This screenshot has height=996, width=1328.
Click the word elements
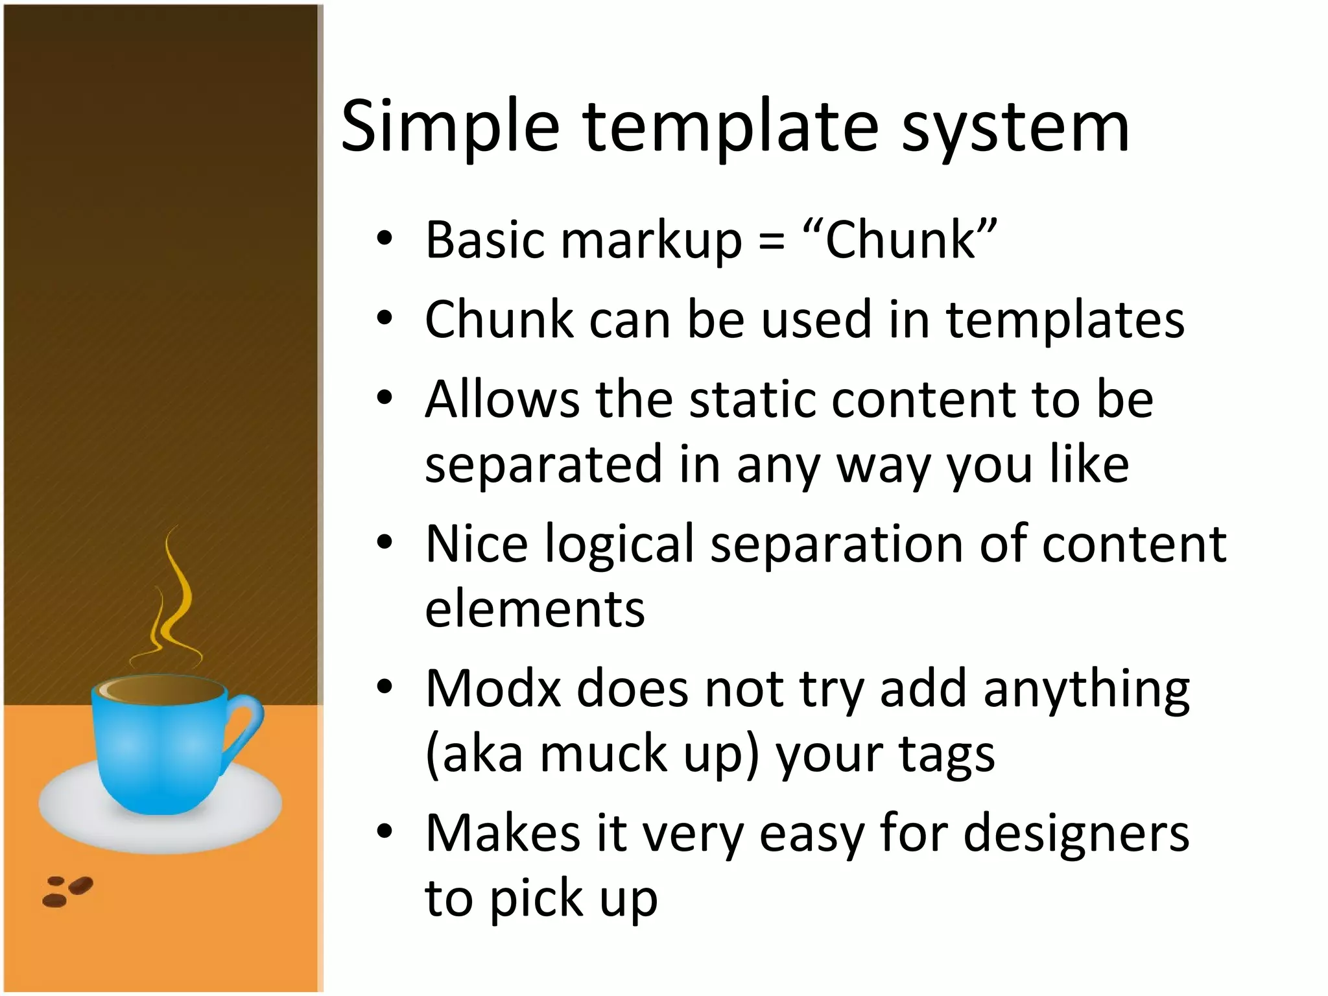coord(535,610)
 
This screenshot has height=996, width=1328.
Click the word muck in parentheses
coord(603,755)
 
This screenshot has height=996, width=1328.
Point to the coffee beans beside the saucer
coord(67,891)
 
